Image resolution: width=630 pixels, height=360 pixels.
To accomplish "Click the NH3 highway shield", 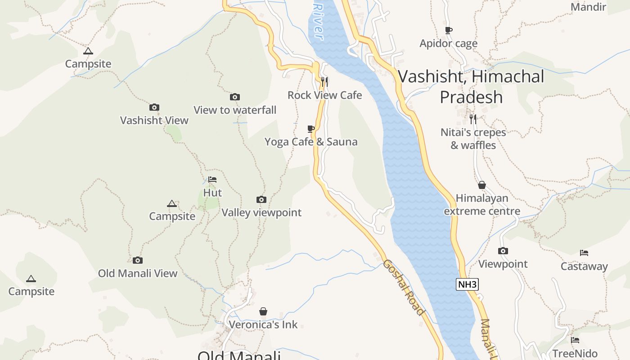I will [467, 284].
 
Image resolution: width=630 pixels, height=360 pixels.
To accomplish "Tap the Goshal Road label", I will [403, 287].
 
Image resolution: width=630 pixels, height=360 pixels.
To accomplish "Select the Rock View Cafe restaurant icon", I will [324, 81].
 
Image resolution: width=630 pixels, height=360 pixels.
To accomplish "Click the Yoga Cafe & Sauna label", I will [311, 142].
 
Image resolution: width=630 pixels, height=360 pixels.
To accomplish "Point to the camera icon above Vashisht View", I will [154, 107].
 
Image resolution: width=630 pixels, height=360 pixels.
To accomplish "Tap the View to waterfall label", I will [235, 110].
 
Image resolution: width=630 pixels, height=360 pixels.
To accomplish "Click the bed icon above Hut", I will [212, 180].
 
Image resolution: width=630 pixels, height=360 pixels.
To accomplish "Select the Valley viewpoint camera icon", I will [261, 199].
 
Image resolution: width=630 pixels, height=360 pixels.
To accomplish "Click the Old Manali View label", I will [138, 273].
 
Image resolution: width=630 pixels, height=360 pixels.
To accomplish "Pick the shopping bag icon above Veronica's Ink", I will [263, 311].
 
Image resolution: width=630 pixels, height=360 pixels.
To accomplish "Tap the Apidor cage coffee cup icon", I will [448, 31].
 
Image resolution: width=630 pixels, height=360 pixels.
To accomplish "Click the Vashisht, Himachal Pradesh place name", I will [471, 86].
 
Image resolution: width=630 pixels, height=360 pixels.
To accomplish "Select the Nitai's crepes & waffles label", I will [473, 139].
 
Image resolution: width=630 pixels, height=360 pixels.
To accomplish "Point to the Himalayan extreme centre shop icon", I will [482, 185].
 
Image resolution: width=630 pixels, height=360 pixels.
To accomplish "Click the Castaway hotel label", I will [584, 266].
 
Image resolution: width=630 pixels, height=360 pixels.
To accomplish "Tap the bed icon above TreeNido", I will [575, 340].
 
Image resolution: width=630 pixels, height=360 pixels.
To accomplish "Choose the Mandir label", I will [588, 7].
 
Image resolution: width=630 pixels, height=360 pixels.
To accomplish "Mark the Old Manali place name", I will [239, 355].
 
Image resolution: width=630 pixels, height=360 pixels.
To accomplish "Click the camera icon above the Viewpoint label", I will [503, 251].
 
